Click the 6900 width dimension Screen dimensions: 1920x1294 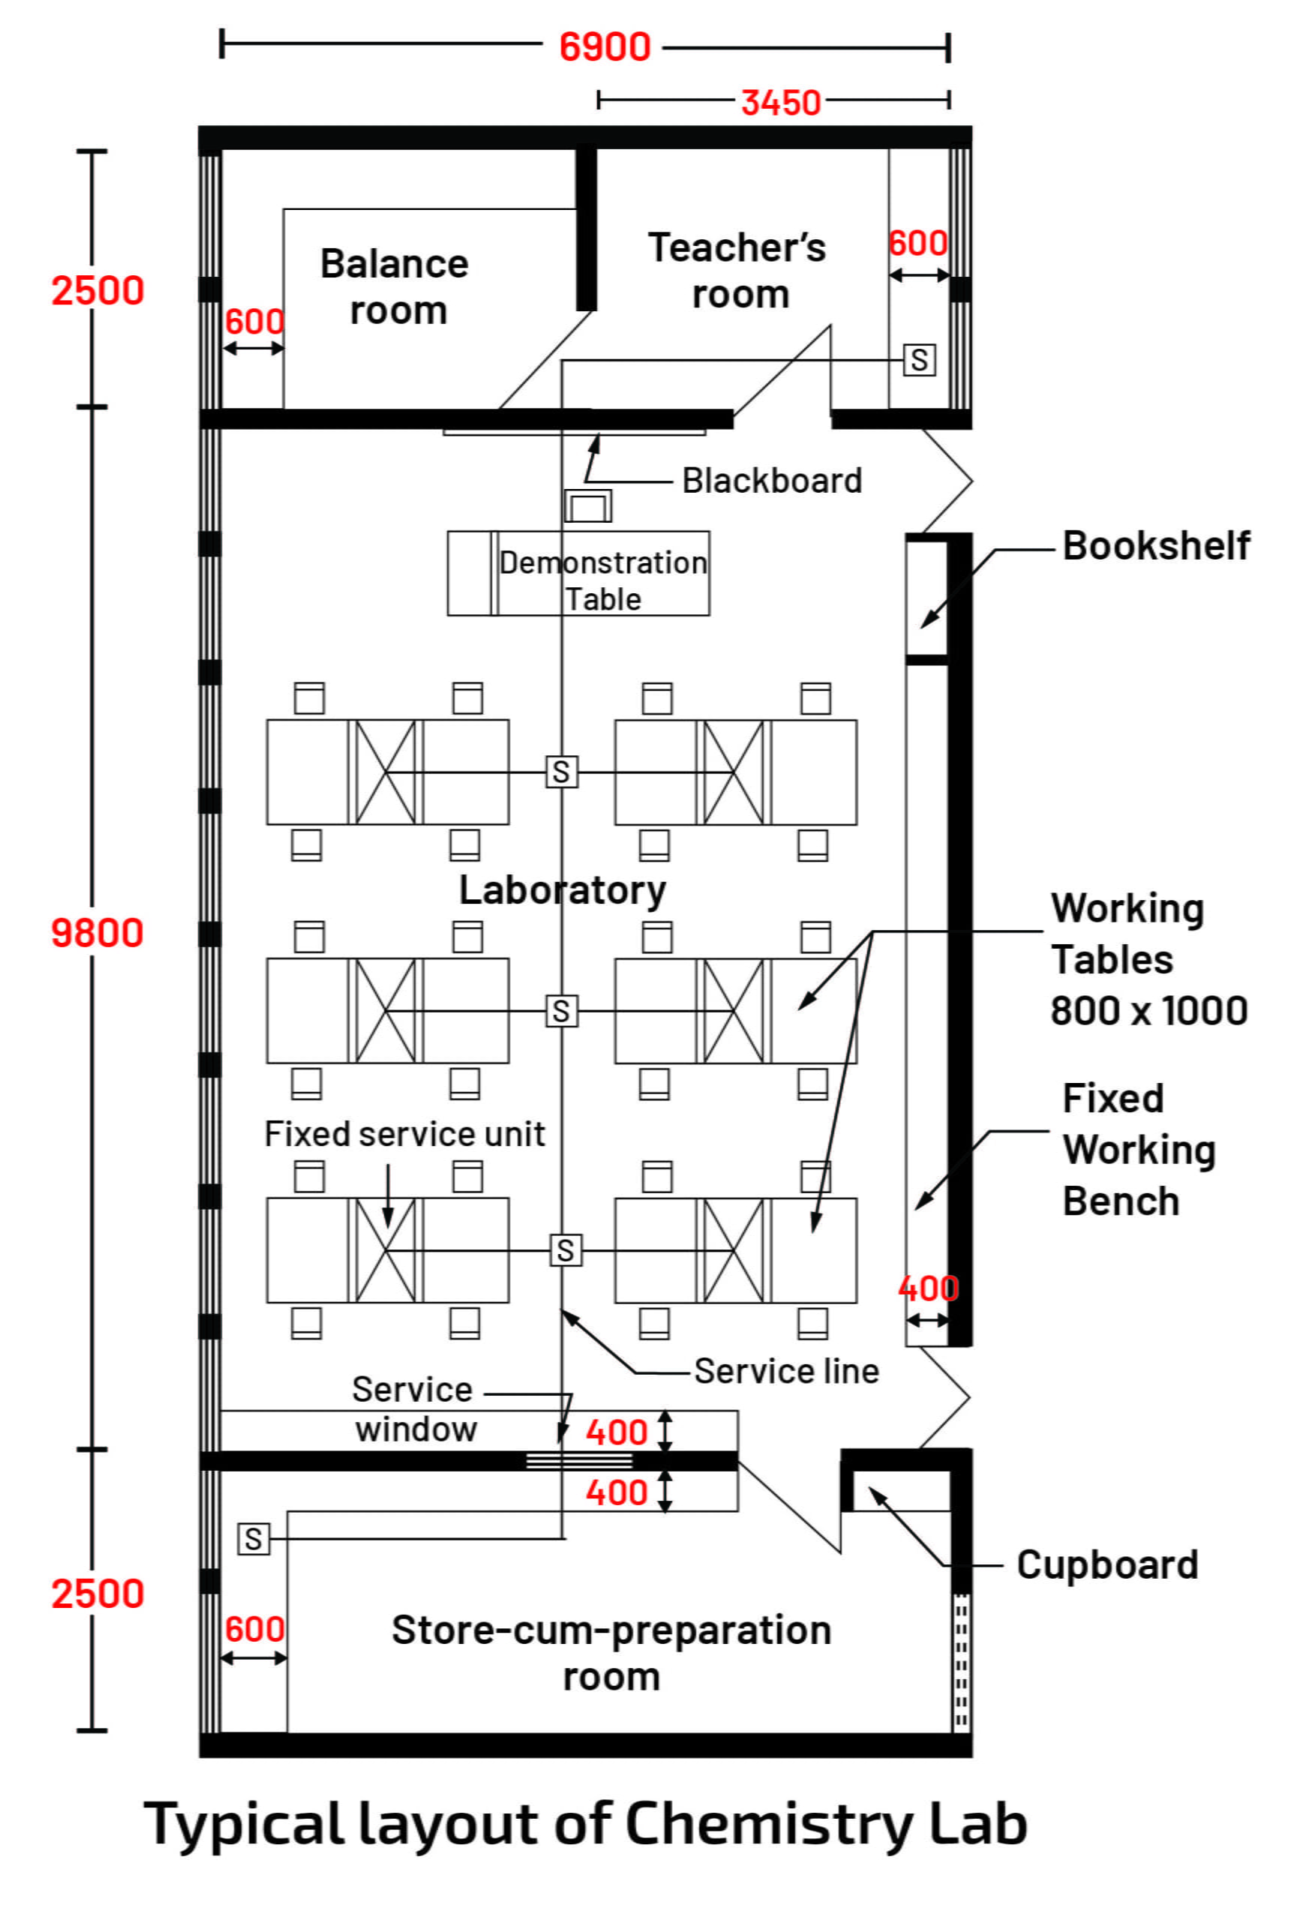pos(604,47)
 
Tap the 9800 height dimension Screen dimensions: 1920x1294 pos(98,933)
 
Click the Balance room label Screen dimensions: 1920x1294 pos(395,287)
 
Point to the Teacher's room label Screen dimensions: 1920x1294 pos(737,271)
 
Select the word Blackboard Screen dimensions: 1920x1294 pos(771,481)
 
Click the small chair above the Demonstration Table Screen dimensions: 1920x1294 pos(587,505)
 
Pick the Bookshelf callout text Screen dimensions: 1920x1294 pos(1155,546)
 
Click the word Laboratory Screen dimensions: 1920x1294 pos(562,890)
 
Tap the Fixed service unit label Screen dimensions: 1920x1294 pos(404,1135)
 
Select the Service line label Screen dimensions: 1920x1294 pos(785,1371)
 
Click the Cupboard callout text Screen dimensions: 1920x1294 pos(1106,1565)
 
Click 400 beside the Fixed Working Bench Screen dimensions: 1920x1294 pos(928,1288)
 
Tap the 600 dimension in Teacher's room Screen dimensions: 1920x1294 pos(917,244)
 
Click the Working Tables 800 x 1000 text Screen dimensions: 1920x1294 pos(1147,959)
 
